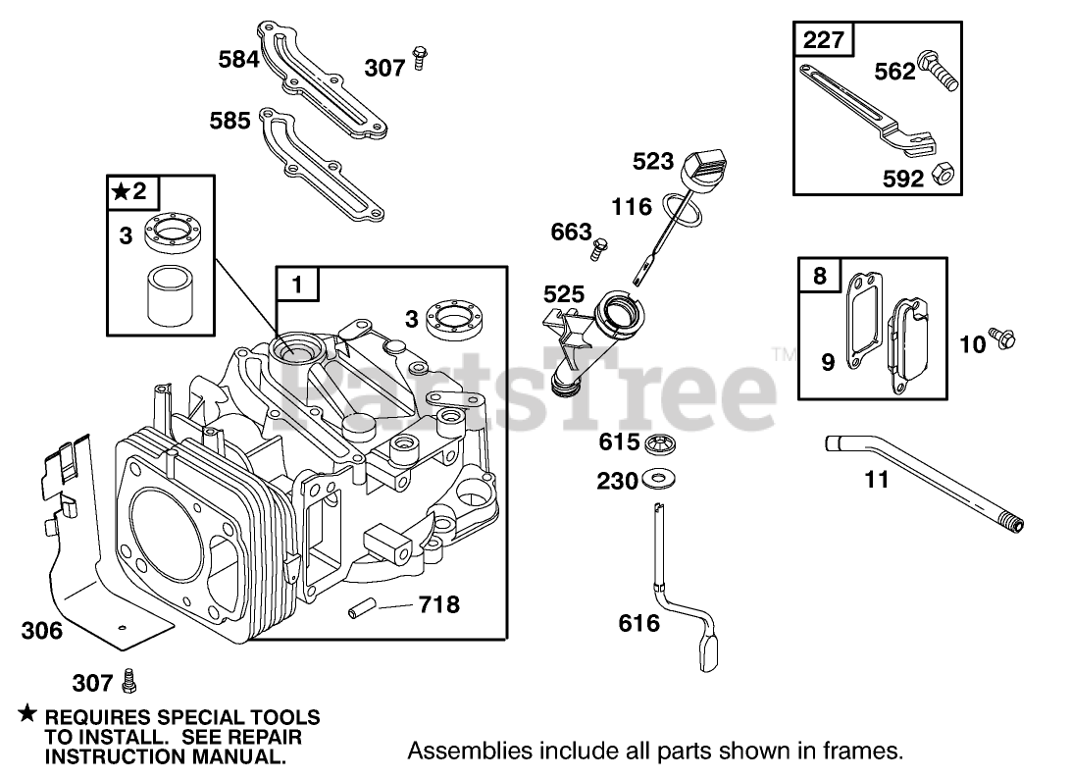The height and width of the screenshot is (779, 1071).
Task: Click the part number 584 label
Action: pyautogui.click(x=238, y=60)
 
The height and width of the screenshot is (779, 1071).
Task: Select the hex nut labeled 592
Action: pyautogui.click(x=944, y=175)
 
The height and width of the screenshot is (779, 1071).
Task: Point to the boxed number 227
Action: pyautogui.click(x=822, y=41)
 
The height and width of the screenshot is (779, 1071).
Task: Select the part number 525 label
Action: pyautogui.click(x=565, y=293)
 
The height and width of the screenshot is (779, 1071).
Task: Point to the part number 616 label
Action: pyautogui.click(x=639, y=623)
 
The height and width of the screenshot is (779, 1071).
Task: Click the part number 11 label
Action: pyautogui.click(x=877, y=480)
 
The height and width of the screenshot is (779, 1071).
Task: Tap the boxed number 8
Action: pyautogui.click(x=820, y=277)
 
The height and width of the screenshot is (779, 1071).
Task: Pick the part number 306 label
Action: pyautogui.click(x=42, y=631)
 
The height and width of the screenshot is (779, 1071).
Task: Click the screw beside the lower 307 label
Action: pyautogui.click(x=128, y=681)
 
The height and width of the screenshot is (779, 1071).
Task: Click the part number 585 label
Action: pyautogui.click(x=229, y=121)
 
